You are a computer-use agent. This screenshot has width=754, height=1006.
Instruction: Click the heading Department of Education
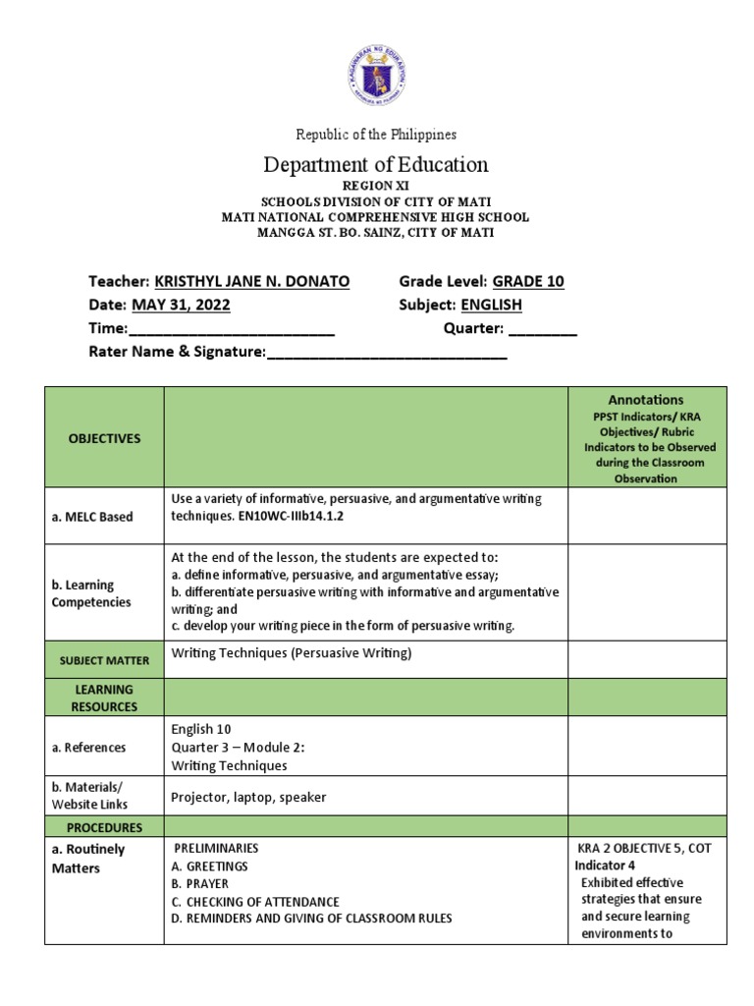(377, 164)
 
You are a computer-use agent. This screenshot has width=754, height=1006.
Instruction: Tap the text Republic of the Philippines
(377, 134)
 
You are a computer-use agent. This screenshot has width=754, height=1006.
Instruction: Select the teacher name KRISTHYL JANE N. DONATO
(252, 281)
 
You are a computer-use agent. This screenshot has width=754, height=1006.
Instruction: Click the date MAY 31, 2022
(181, 305)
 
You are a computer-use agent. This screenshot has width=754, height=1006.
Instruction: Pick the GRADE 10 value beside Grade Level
(528, 281)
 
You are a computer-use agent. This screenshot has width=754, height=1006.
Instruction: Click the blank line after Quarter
(543, 329)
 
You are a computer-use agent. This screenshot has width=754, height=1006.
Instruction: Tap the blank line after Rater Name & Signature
(387, 353)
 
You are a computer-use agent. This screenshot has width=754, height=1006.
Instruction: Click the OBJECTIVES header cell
(104, 438)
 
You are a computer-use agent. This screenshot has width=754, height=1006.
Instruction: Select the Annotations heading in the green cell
(646, 400)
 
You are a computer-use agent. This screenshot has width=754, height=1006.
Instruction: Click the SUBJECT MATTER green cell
(104, 659)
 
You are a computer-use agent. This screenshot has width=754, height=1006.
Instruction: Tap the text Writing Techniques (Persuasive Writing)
(292, 653)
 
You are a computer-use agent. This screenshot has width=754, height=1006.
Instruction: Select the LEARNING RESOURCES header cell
(104, 698)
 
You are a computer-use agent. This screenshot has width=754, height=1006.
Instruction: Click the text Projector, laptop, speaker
(248, 798)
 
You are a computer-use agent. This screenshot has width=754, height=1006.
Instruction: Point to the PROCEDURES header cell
(104, 827)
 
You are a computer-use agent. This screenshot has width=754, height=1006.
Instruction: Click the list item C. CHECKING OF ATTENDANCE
(255, 902)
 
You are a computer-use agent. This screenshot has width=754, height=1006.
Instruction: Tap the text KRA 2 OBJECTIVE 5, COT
(646, 849)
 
